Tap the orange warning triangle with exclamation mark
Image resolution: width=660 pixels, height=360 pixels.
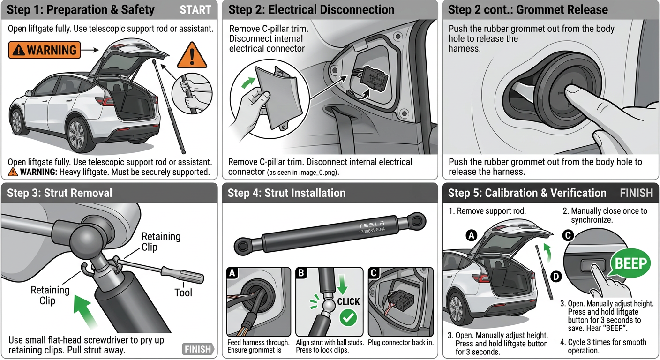tap(192, 56)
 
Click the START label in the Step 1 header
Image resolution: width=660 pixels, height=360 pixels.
tap(195, 10)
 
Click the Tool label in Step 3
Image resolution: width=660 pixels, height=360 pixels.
tap(183, 292)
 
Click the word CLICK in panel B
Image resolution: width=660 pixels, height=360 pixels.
tap(349, 301)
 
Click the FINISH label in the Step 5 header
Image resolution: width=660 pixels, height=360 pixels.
tap(636, 193)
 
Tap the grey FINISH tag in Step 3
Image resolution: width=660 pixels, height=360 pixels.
tap(197, 349)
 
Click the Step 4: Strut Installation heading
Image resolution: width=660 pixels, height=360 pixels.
tap(286, 193)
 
